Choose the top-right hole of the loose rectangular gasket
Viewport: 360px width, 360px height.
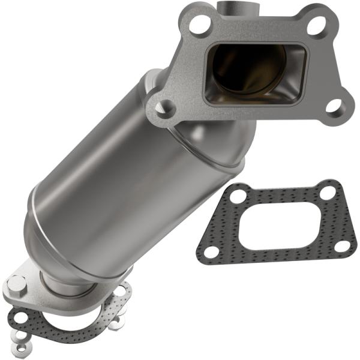click(328, 193)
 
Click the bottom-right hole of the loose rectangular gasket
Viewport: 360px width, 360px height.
click(340, 245)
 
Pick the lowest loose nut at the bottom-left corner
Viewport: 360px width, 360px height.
click(21, 347)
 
